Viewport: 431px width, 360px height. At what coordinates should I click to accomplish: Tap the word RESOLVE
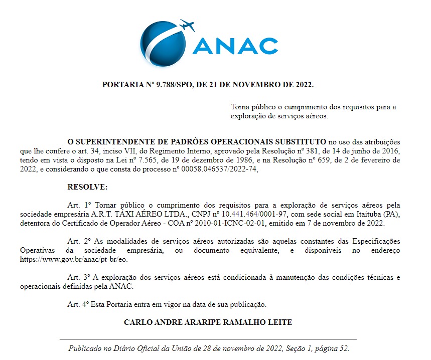tap(87, 187)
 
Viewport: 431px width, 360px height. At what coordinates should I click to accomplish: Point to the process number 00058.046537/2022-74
tap(219, 169)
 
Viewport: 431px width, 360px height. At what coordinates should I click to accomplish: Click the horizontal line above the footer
tap(208, 339)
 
